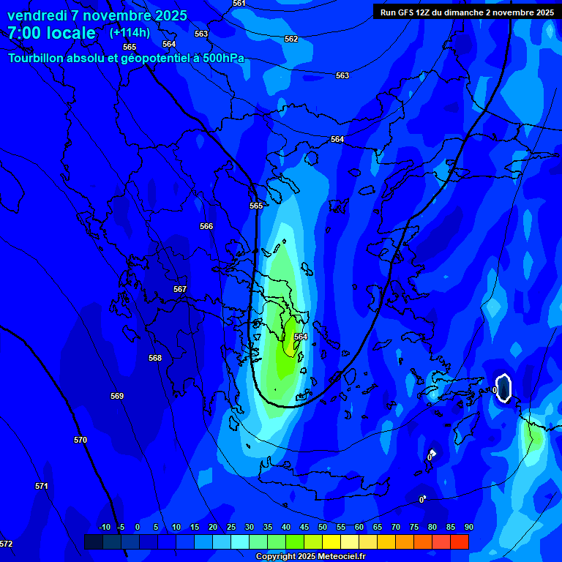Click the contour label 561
coord(239,4)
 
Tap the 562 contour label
coord(291,39)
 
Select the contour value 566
coord(206,226)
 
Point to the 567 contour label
coord(180,289)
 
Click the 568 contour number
coord(155,358)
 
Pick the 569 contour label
coord(117,396)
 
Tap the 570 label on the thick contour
coord(80,440)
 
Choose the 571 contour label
coord(42,486)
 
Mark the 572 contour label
coord(6,544)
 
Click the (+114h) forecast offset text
coord(130,32)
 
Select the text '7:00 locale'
coord(51,33)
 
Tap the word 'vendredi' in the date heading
coord(37,15)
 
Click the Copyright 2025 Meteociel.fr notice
coord(310,557)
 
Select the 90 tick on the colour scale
coord(468,527)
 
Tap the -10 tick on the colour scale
coord(104,527)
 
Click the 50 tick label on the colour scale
coord(323,527)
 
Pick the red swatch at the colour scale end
coord(459,542)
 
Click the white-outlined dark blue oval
coord(503,387)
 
